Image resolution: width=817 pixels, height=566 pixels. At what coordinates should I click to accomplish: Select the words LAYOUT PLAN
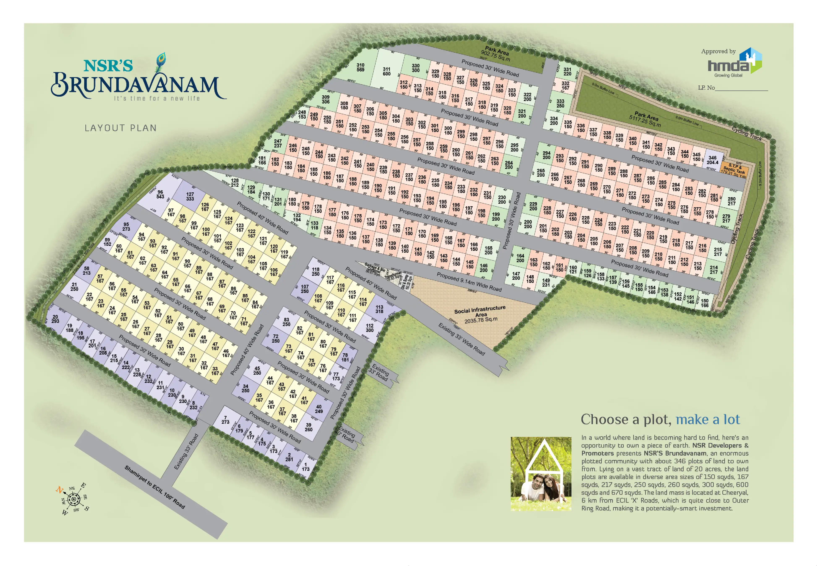click(120, 128)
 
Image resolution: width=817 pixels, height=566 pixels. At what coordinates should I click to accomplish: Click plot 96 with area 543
click(160, 194)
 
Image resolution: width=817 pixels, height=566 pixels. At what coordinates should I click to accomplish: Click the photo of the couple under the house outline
click(541, 474)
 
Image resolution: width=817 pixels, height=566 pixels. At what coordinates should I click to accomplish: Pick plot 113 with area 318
click(379, 309)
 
